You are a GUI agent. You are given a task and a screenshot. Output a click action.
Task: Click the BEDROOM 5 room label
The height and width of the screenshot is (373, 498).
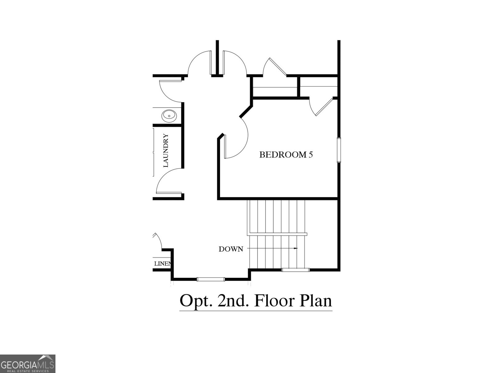286,154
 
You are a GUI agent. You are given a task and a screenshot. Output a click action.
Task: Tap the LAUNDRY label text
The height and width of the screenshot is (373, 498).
166,151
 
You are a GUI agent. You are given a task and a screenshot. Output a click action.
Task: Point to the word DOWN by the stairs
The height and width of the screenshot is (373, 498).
231,249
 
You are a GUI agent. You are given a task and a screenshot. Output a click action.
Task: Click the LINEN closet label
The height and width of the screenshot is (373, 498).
162,264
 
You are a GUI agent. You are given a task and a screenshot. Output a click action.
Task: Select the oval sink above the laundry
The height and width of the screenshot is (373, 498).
169,116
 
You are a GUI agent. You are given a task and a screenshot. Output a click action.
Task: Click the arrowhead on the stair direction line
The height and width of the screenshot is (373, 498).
296,248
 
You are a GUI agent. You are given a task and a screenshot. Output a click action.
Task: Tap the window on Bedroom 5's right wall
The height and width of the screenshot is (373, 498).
339,150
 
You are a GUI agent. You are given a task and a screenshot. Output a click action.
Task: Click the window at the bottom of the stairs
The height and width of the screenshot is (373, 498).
295,270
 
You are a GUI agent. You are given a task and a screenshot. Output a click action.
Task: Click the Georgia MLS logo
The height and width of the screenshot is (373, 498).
28,363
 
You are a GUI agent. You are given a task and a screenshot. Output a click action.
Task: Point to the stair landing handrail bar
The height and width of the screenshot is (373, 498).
277,234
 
